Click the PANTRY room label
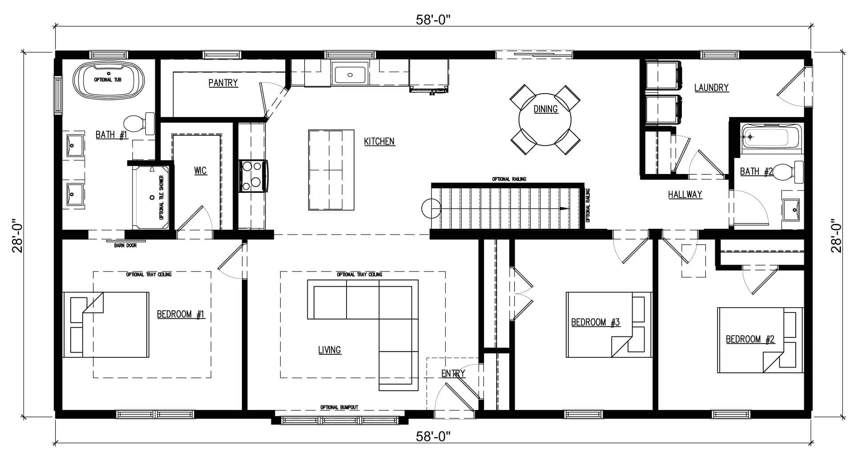click(x=223, y=83)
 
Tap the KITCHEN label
click(x=379, y=142)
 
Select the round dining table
click(x=545, y=120)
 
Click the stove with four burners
click(x=253, y=176)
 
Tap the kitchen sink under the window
click(x=350, y=75)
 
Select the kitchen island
click(x=331, y=170)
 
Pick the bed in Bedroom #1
click(x=106, y=324)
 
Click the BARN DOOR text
click(x=125, y=245)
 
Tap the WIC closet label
click(x=201, y=171)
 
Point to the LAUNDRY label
click(x=712, y=88)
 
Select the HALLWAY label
click(x=685, y=195)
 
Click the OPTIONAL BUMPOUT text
click(x=339, y=407)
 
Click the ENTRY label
click(x=453, y=373)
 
